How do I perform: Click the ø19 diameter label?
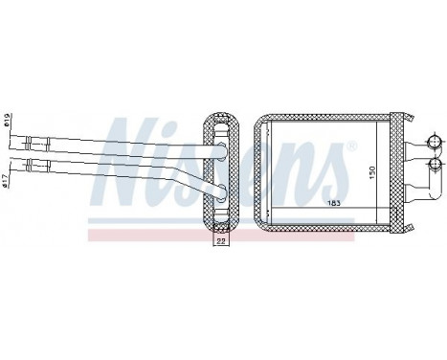point(7,124)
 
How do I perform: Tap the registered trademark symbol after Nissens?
point(355,146)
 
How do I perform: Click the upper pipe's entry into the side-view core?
point(219,146)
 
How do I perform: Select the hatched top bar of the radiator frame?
point(330,119)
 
